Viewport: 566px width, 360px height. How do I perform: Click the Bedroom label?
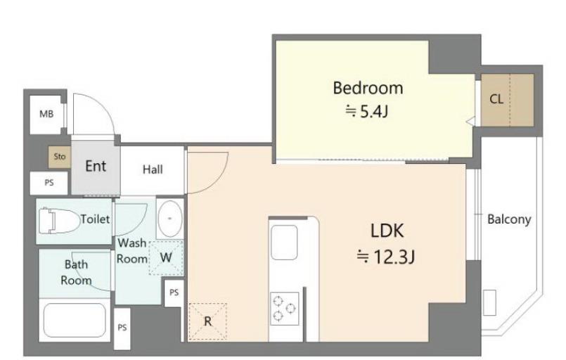[x=368, y=88]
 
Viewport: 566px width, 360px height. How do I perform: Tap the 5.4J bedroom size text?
[x=367, y=112]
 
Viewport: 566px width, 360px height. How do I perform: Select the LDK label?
[x=387, y=231]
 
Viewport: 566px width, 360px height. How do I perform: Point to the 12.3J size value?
[x=385, y=257]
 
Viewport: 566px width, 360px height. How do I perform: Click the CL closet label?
[x=496, y=98]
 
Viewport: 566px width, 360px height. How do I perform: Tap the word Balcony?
[x=509, y=219]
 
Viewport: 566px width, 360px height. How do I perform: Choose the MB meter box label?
[x=46, y=114]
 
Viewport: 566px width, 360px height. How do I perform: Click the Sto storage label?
[x=60, y=156]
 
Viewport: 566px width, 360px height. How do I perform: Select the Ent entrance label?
[x=96, y=166]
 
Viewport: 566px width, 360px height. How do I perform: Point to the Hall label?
[x=153, y=169]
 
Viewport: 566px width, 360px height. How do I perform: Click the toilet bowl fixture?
[x=59, y=220]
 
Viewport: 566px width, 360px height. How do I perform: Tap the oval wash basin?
[x=170, y=218]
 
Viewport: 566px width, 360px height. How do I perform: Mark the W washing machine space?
[x=166, y=257]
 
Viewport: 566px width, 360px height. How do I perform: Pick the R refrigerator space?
[x=207, y=321]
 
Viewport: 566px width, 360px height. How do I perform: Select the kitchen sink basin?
[x=284, y=243]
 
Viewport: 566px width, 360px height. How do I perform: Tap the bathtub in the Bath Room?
[x=75, y=320]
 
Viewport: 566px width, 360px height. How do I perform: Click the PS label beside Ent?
[x=49, y=183]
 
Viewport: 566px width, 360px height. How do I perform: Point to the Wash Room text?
[x=132, y=250]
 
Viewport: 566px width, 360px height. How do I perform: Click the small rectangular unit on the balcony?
[x=489, y=302]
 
